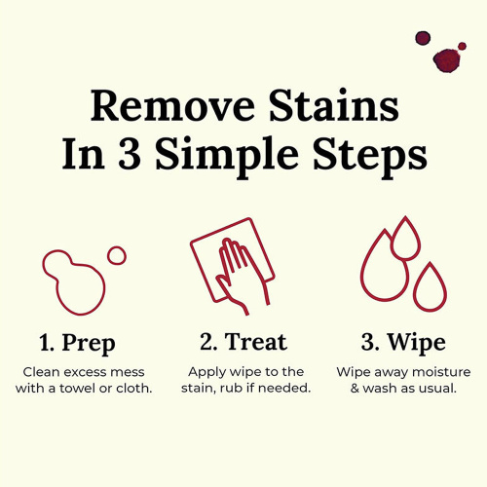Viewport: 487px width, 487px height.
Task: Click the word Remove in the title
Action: click(x=172, y=106)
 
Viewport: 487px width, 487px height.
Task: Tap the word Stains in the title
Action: click(x=334, y=105)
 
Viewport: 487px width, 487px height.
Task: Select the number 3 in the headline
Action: click(x=130, y=154)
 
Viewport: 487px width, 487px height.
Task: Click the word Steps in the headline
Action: click(x=370, y=157)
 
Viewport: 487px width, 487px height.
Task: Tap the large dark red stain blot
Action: click(x=447, y=60)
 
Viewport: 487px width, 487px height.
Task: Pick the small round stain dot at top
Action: click(x=423, y=38)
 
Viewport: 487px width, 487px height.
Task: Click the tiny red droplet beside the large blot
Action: click(x=462, y=46)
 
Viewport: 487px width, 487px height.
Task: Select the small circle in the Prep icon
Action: click(x=117, y=255)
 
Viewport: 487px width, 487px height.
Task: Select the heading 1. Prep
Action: click(x=77, y=344)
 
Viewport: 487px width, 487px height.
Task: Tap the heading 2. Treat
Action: click(x=243, y=342)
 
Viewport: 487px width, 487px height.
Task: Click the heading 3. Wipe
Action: click(x=403, y=344)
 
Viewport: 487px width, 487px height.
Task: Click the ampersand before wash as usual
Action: click(x=355, y=388)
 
